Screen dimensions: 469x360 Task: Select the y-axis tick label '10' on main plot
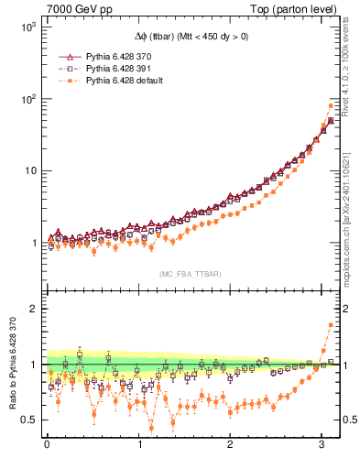tap(29, 171)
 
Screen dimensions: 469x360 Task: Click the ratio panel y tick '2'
tap(33, 309)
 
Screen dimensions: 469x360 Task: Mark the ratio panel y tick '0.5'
tap(28, 420)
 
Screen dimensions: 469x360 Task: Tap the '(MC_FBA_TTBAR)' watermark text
tap(190, 274)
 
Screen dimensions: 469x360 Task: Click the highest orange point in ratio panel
tap(331, 325)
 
